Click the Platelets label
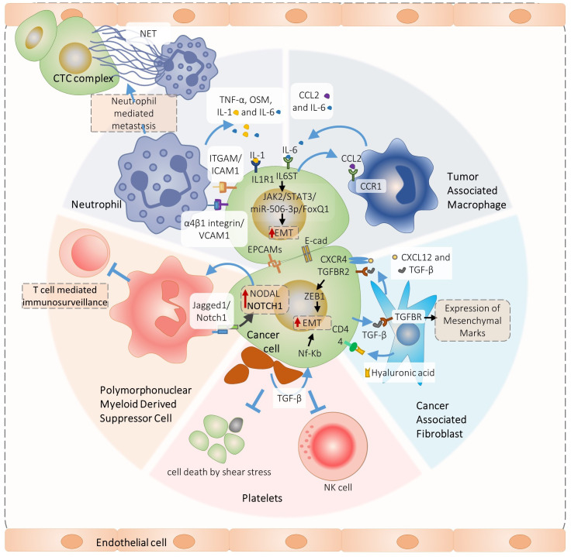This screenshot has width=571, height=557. pyautogui.click(x=260, y=499)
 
